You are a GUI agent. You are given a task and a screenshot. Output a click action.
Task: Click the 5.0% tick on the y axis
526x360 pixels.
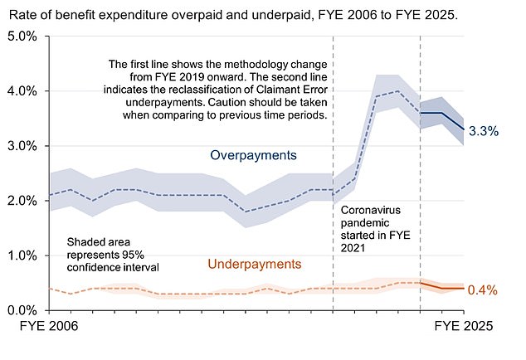[x=22, y=36]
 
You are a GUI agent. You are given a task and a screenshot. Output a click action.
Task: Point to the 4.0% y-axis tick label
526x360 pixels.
[x=22, y=91]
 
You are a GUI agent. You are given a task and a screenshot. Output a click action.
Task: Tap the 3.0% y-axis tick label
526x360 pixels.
[x=22, y=146]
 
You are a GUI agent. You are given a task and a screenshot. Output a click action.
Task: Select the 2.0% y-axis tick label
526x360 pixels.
[x=22, y=201]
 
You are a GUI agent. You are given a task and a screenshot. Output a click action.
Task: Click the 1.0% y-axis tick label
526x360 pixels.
[x=22, y=255]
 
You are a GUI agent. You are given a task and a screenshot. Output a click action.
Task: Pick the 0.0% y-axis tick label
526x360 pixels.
[x=22, y=310]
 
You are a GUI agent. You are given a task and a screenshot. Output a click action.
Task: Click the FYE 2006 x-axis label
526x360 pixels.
[x=49, y=328]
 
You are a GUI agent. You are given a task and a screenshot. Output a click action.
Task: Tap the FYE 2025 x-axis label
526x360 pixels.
[x=462, y=328]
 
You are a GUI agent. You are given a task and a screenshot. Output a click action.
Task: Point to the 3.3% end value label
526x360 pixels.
[x=482, y=130]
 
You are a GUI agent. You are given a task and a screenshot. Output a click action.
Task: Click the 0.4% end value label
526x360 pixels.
[x=482, y=290]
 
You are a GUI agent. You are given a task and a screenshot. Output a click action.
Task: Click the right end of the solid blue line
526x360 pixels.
[x=464, y=129]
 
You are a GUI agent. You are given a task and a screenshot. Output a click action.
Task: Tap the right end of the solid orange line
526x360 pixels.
[x=464, y=289]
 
